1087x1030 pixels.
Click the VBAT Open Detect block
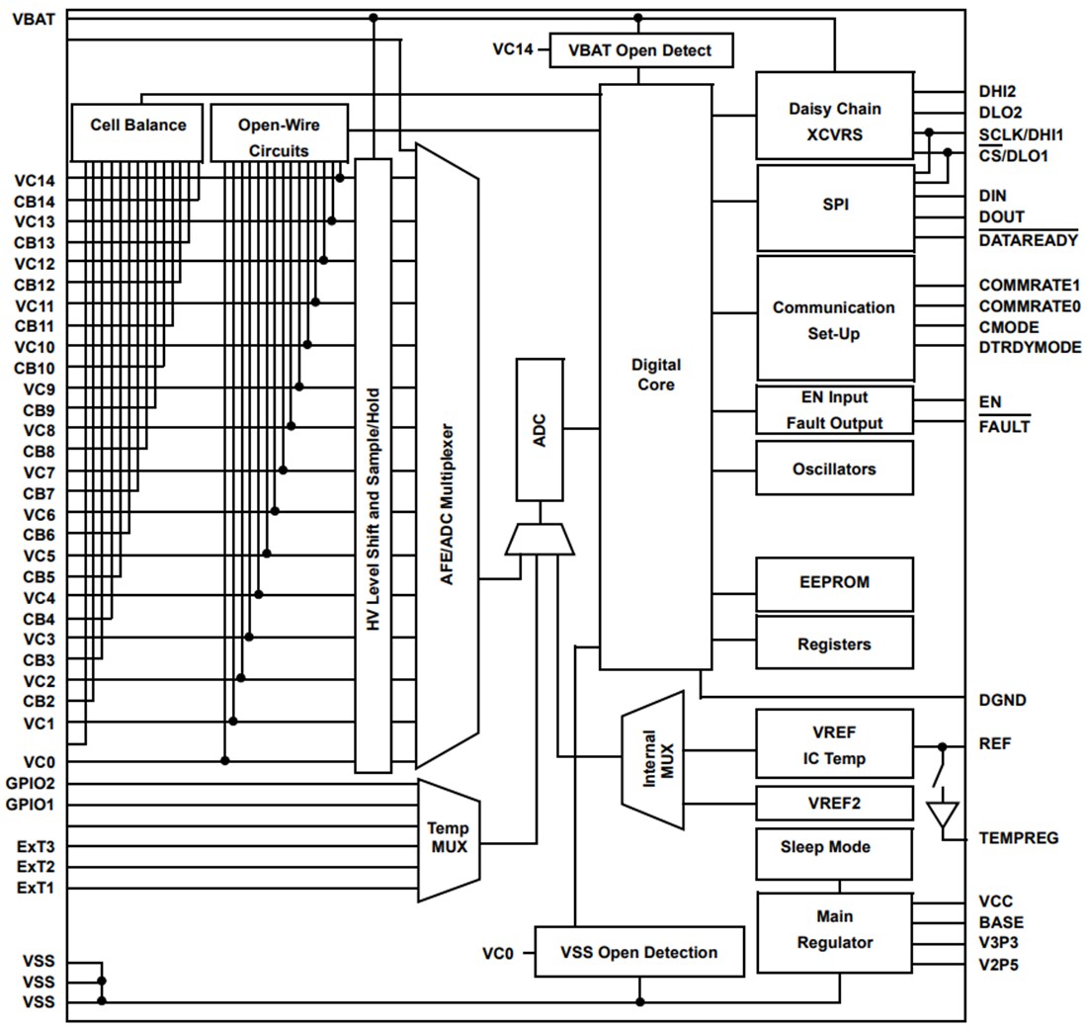[641, 50]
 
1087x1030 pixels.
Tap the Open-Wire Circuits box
[280, 132]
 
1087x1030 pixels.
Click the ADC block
[540, 430]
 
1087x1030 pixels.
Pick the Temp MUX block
[448, 839]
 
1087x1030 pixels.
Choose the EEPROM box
[834, 583]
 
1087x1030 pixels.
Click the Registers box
[834, 644]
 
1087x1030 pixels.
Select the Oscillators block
[834, 469]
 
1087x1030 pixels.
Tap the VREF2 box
[834, 803]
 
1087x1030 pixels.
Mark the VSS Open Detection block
[638, 952]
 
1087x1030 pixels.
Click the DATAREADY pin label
[1028, 240]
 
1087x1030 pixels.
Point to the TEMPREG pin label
[1018, 838]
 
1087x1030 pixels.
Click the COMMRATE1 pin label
[1029, 286]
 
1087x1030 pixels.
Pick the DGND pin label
[1002, 701]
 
